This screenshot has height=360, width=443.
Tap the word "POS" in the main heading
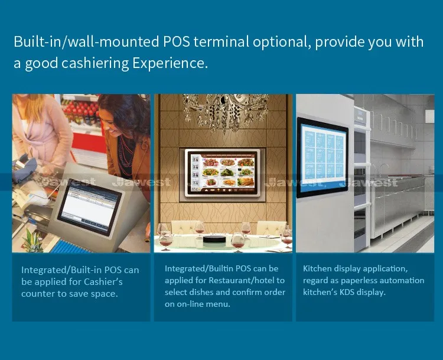pos(176,42)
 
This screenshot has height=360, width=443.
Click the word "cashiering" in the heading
pos(95,63)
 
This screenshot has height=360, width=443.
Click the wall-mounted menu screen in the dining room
pos(222,173)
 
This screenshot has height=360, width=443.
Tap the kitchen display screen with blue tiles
pos(322,158)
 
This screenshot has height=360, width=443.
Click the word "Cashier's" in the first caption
pos(103,281)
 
